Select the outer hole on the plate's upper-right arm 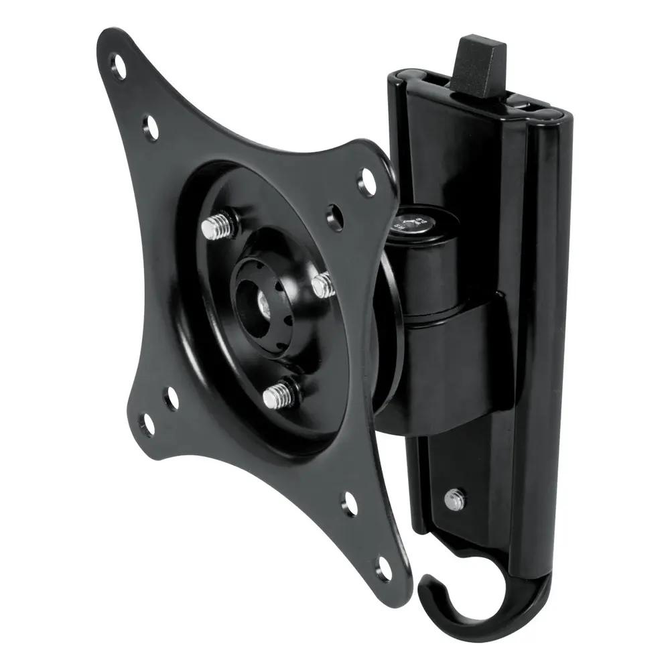pos(368,177)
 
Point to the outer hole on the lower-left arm pos(147,423)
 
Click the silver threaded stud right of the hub pos(324,284)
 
